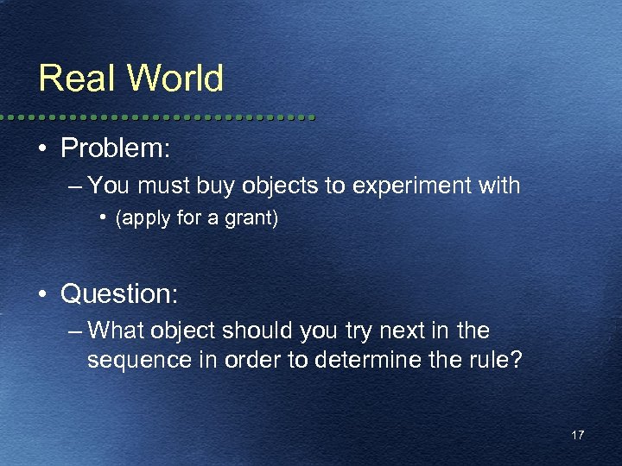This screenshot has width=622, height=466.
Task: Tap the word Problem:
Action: coord(116,148)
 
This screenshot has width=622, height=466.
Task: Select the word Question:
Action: coord(119,295)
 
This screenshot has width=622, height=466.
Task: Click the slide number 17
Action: coord(577,435)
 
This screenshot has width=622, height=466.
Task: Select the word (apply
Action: coord(138,219)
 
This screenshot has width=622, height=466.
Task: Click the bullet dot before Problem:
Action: coord(41,148)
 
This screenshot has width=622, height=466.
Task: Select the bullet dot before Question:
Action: coord(41,295)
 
